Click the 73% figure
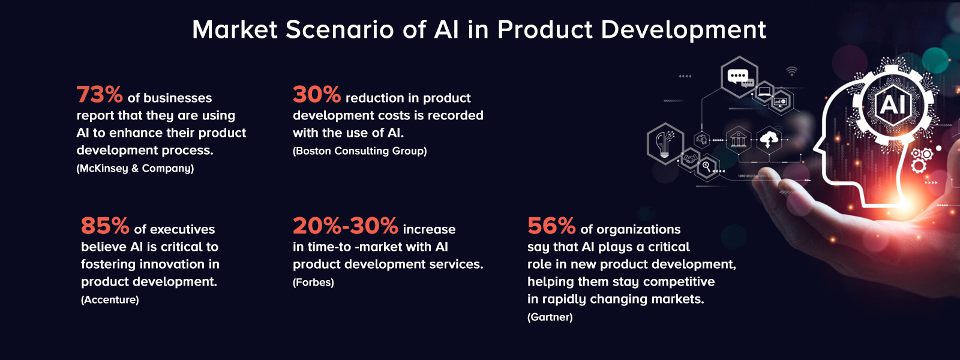pos(100,95)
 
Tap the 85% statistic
pos(105,226)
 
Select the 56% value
pos(551,226)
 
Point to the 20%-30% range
pos(345,226)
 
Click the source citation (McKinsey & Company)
pos(135,169)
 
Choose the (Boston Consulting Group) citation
pos(359,151)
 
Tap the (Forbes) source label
pos(313,283)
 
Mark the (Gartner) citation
pos(550,317)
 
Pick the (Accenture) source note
pos(110,300)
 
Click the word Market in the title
pos(235,30)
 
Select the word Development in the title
pos(683,30)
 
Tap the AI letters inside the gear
pos(893,105)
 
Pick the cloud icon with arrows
pos(769,140)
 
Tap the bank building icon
pos(737,140)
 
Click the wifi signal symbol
pos(792,71)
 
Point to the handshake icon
pos(690,160)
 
